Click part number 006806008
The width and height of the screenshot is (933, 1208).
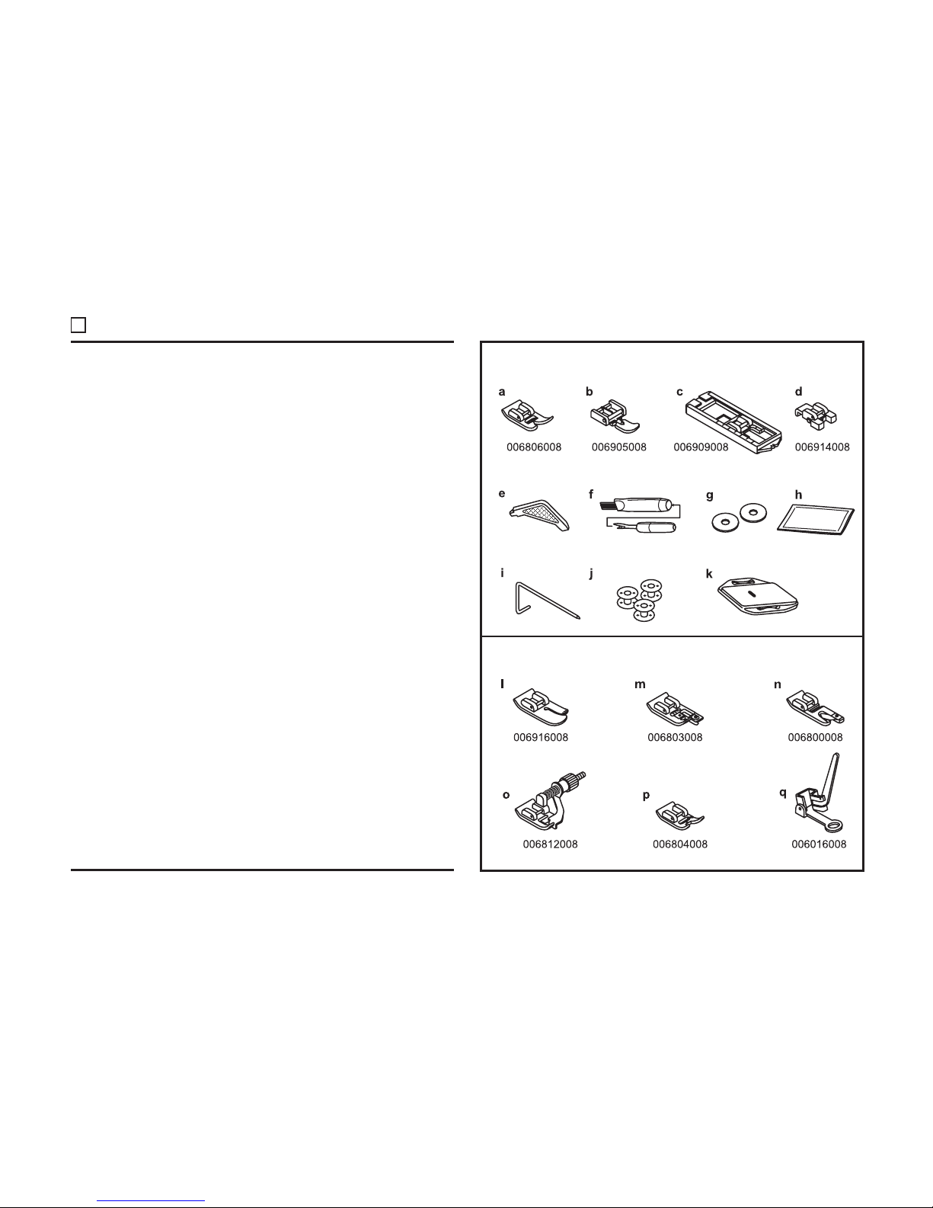coord(534,447)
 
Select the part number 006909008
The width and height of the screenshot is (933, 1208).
coord(701,447)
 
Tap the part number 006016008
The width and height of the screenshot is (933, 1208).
coord(819,844)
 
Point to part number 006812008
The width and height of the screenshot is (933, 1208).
coord(550,844)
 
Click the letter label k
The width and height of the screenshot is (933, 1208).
coord(709,574)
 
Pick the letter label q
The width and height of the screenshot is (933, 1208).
coord(783,793)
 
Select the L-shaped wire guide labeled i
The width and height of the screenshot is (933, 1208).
coord(548,601)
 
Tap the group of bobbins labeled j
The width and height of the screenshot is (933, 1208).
coord(639,601)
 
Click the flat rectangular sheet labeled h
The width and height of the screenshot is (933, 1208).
coord(815,519)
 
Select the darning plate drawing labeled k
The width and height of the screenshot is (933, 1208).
coord(758,596)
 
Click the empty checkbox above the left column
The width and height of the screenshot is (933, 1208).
coord(78,325)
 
